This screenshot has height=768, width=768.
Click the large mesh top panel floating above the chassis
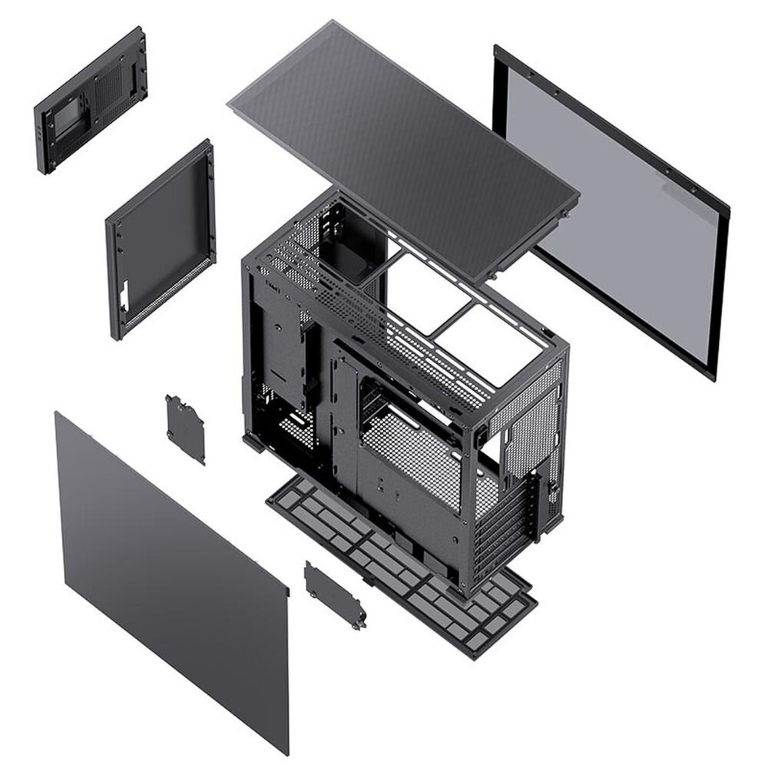tap(399, 146)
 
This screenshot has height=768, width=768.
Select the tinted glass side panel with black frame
tap(614, 215)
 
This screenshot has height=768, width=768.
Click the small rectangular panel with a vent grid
tap(91, 100)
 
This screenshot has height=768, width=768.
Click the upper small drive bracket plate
tap(185, 429)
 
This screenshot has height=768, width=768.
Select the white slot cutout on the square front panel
tap(124, 296)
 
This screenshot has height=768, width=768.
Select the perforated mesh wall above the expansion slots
tap(530, 430)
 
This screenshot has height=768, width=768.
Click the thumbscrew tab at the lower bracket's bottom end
tap(358, 624)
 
